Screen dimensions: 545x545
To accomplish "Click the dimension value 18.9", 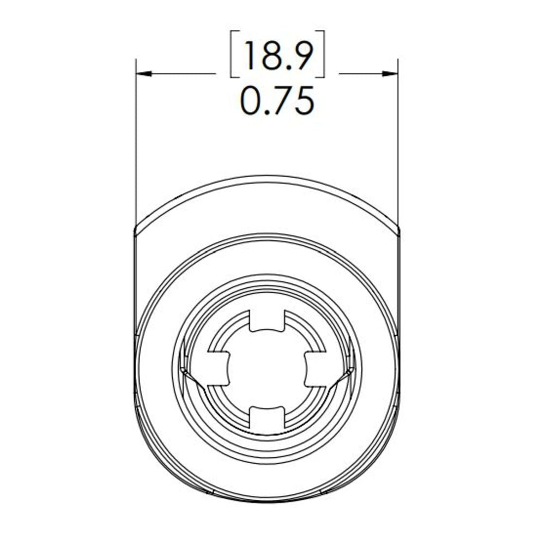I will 277,55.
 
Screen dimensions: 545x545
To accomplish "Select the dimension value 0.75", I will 277,101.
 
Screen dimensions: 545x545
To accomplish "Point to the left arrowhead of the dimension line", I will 143,74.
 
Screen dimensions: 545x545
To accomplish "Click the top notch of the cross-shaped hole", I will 267,321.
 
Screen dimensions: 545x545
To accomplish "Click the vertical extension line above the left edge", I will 135,142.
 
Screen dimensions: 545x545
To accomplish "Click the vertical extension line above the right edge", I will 398,142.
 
